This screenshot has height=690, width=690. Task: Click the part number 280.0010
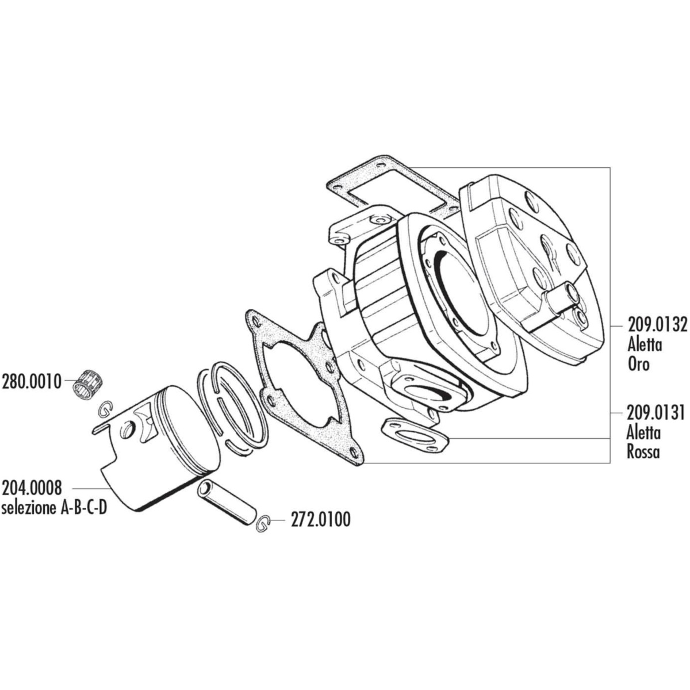coord(32,382)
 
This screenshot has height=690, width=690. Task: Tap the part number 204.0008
coord(32,488)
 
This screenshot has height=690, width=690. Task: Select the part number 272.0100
coord(320,520)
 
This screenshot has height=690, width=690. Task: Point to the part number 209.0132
coord(657,326)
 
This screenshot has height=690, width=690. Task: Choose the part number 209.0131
coord(655,413)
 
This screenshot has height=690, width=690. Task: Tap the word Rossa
coord(643,452)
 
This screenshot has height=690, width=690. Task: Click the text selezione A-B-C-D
coord(54,508)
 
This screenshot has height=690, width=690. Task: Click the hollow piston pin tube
coord(227,503)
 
